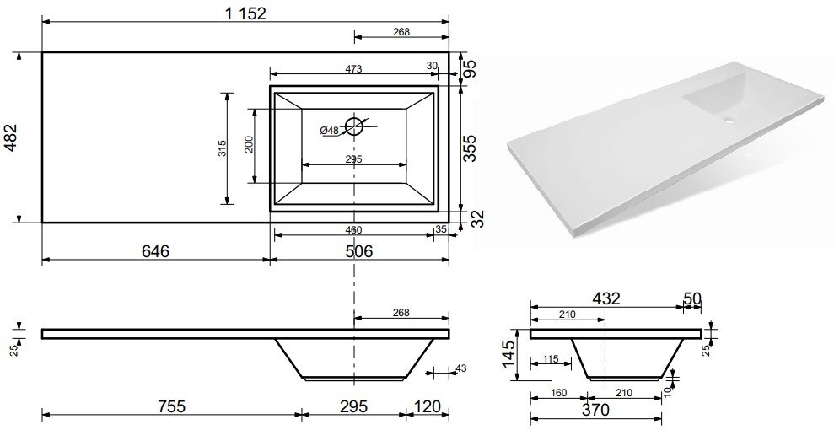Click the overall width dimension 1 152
tap(245, 13)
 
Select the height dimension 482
tap(11, 137)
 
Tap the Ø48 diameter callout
tap(330, 130)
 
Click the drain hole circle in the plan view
tap(354, 126)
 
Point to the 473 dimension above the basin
tap(353, 68)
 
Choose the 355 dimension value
tap(470, 148)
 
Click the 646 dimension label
tap(155, 250)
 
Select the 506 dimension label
tap(358, 250)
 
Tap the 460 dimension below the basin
tap(353, 230)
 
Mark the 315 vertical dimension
tap(223, 148)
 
